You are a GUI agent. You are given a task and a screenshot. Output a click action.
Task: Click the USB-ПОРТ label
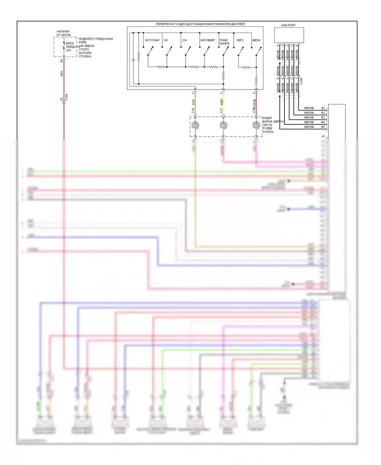(x=288, y=25)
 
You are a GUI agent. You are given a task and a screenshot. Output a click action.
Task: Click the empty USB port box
(x=289, y=35)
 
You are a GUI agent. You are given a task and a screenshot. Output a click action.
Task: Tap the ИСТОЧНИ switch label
(x=152, y=40)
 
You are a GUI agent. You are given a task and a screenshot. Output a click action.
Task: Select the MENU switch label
(x=256, y=40)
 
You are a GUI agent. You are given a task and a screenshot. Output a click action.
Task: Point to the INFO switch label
(x=240, y=40)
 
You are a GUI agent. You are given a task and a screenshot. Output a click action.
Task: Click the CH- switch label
(x=185, y=40)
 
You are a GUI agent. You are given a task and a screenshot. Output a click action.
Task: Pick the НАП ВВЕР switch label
(x=208, y=40)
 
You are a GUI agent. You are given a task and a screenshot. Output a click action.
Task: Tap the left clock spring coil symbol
(x=195, y=125)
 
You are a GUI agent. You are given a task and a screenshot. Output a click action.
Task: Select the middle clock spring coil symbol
(x=224, y=125)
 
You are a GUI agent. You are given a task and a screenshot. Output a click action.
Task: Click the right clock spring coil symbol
(x=256, y=125)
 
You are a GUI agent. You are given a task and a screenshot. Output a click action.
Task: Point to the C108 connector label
(x=67, y=97)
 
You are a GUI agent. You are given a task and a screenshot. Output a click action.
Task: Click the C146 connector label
(x=301, y=81)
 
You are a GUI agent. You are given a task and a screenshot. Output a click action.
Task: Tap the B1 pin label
(x=323, y=108)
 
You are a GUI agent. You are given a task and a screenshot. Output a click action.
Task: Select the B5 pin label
(x=323, y=127)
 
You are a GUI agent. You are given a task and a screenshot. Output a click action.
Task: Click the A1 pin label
(x=323, y=136)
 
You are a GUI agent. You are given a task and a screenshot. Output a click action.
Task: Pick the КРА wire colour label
(x=62, y=74)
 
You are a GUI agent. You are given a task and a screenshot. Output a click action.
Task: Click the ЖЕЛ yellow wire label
(x=221, y=103)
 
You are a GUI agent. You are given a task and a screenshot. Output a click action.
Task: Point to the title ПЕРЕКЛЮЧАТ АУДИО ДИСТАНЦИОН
(x=200, y=24)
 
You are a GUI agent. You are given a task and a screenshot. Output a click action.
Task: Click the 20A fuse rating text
(x=69, y=50)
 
